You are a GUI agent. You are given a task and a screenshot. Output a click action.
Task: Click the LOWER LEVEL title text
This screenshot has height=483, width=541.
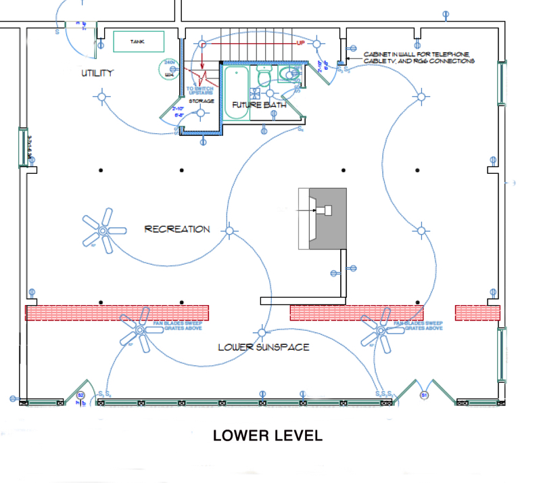tap(268, 436)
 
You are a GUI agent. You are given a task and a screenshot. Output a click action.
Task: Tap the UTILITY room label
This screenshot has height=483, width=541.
tap(97, 73)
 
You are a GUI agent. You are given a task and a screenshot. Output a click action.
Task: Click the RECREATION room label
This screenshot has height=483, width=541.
tap(177, 229)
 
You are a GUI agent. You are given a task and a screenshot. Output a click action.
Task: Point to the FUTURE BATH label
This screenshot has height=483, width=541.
tap(259, 106)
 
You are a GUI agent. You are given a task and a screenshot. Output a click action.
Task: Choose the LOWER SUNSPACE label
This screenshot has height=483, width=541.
tap(263, 347)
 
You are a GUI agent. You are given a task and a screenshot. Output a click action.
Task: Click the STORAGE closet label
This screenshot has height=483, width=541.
tap(202, 101)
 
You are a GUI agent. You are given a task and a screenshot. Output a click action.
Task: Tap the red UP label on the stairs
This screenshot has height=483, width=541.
tap(301, 43)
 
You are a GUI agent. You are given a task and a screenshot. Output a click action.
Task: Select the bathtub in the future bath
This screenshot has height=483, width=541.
tap(237, 92)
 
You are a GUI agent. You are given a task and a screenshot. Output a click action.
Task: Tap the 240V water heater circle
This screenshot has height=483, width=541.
tap(168, 68)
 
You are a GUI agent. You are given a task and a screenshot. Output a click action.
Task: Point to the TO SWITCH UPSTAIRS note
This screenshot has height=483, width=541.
tap(200, 91)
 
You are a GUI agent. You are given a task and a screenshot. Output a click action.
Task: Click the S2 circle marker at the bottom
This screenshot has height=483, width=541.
tap(80, 394)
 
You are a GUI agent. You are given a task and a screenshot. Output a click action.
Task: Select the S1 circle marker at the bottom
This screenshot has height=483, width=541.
tap(425, 394)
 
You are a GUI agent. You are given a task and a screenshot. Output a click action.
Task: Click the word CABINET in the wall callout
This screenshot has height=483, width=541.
tap(377, 54)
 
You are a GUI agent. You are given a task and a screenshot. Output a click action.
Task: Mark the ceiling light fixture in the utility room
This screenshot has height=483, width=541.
tap(103, 97)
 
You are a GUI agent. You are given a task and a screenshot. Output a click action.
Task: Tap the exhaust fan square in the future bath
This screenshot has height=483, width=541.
tap(257, 93)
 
